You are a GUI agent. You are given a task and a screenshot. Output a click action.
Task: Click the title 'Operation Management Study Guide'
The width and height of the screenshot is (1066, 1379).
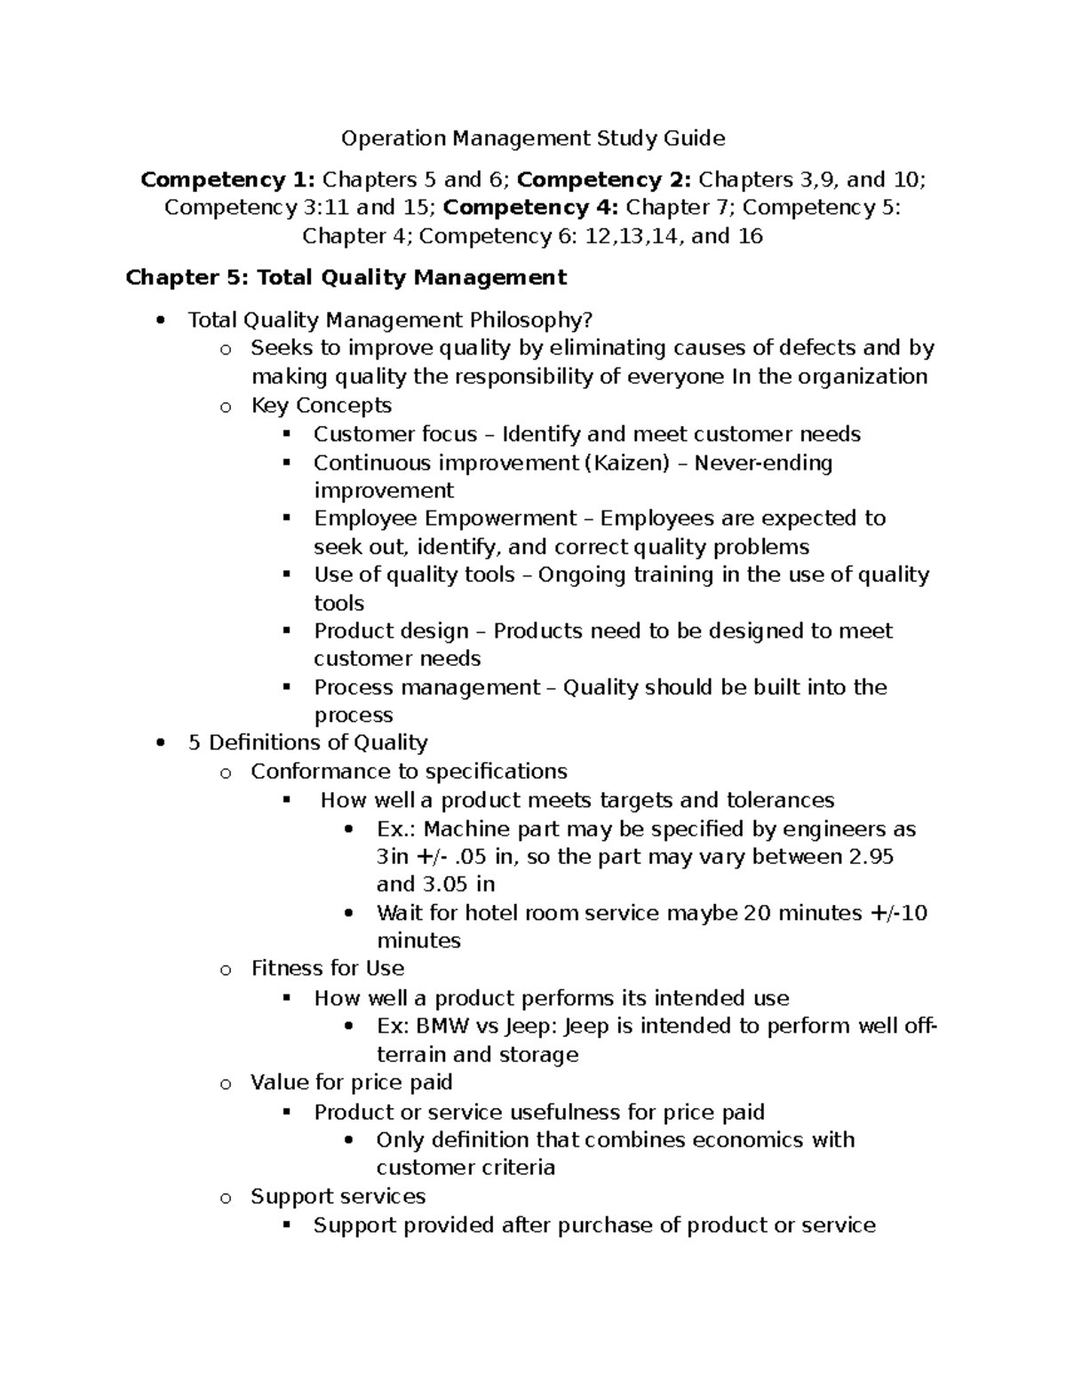533,139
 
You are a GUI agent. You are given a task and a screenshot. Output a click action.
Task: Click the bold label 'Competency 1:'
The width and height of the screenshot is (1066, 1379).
227,180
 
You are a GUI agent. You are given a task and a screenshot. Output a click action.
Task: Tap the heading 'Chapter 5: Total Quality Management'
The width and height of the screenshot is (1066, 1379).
346,278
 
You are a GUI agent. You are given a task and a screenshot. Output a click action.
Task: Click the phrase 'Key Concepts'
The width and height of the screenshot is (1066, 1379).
321,406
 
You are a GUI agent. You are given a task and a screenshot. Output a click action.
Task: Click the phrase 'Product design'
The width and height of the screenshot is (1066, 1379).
391,631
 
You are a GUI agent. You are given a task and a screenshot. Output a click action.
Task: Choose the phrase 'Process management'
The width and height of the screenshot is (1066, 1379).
426,688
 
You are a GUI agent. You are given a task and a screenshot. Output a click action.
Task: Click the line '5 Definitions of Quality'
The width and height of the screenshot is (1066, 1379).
307,743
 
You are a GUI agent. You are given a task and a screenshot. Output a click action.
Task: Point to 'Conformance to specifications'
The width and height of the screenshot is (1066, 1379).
409,772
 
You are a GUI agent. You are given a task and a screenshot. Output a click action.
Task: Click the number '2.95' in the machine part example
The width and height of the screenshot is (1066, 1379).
871,857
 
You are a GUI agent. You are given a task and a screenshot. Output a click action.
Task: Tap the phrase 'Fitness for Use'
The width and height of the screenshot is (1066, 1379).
327,969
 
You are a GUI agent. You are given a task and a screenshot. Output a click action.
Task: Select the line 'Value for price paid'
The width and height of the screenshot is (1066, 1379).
351,1082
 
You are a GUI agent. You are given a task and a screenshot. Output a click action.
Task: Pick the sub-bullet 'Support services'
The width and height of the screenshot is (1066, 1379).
338,1197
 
